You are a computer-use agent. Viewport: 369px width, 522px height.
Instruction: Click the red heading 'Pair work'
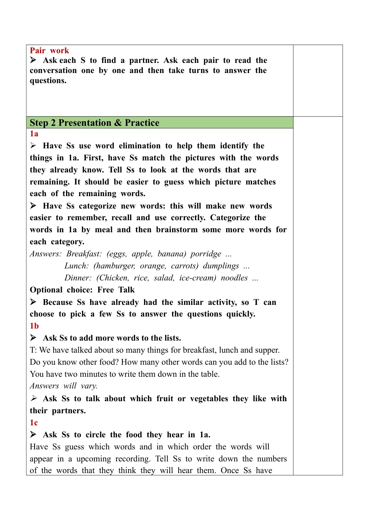pyautogui.click(x=49, y=50)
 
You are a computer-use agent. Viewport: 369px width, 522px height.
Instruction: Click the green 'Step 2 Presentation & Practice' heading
pyautogui.click(x=94, y=123)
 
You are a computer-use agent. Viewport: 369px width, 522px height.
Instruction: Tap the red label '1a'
pyautogui.click(x=34, y=134)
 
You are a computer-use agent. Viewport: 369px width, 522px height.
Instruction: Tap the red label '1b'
pyautogui.click(x=34, y=326)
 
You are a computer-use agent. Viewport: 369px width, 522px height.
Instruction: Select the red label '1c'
pyautogui.click(x=34, y=423)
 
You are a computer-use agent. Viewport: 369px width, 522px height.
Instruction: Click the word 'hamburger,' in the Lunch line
pyautogui.click(x=114, y=266)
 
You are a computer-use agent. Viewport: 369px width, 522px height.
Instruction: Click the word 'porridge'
pyautogui.click(x=206, y=254)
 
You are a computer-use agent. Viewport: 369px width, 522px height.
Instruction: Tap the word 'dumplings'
pyautogui.click(x=221, y=266)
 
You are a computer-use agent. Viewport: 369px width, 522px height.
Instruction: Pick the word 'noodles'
pyautogui.click(x=234, y=278)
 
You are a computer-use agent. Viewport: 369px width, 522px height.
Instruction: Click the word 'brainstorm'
pyautogui.click(x=177, y=230)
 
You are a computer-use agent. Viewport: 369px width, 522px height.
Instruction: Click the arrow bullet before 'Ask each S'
pyautogui.click(x=33, y=60)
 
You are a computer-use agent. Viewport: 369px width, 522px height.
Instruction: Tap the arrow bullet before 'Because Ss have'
pyautogui.click(x=33, y=302)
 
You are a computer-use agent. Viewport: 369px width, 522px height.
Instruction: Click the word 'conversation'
pyautogui.click(x=53, y=71)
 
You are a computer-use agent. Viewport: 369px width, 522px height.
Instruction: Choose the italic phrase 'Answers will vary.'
pyautogui.click(x=64, y=386)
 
